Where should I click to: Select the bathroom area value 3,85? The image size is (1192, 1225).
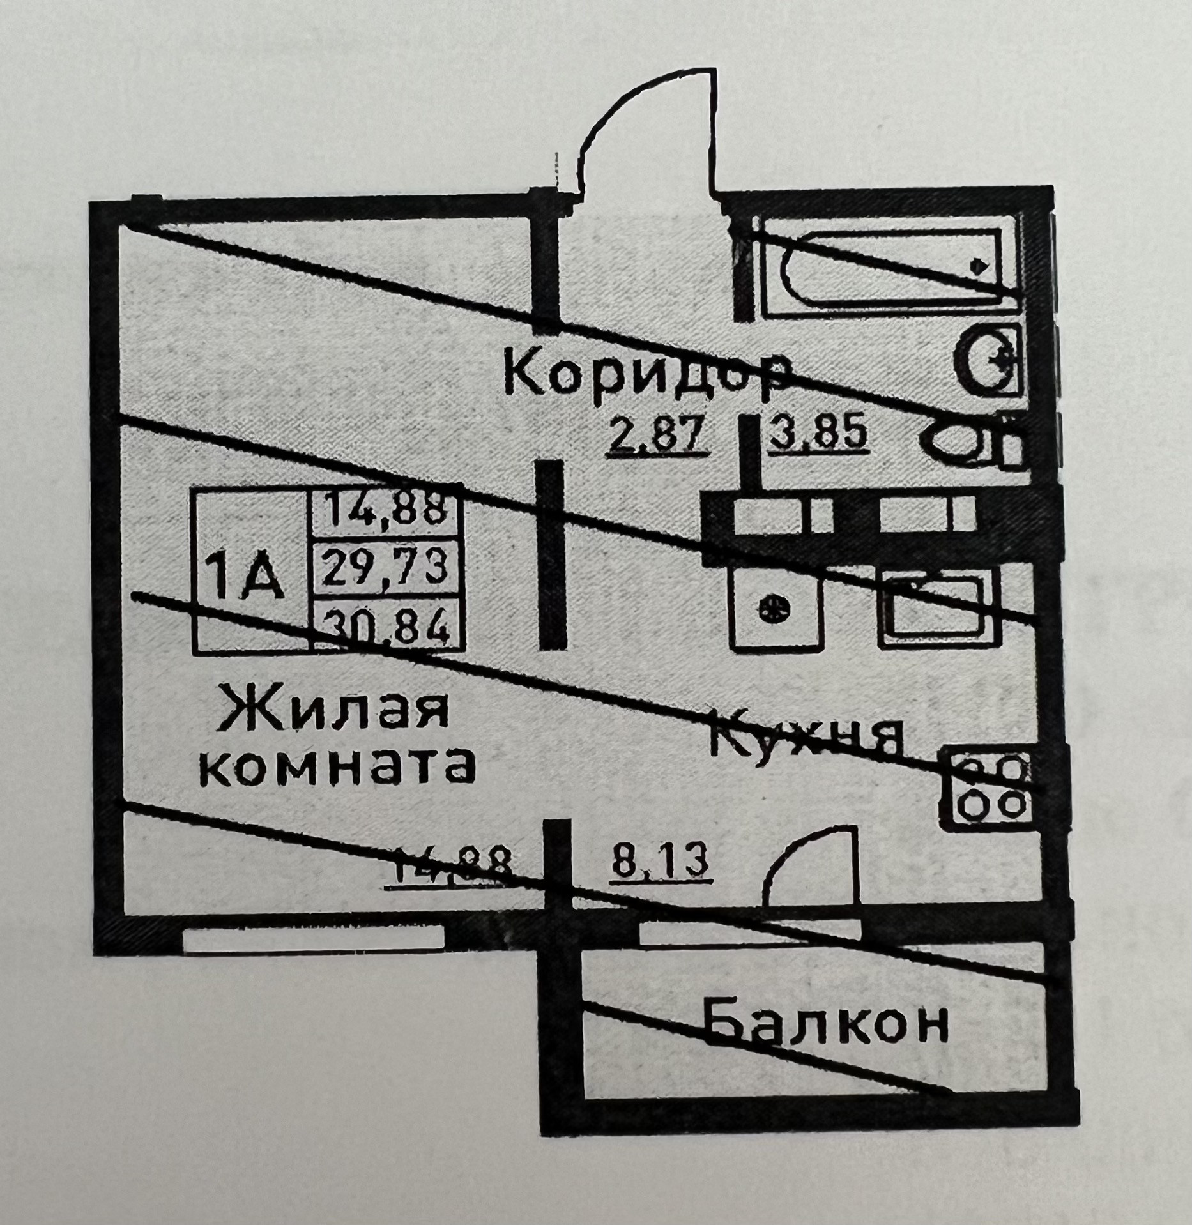click(x=818, y=435)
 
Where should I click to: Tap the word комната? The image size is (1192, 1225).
click(x=339, y=767)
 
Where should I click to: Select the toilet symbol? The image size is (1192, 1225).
click(x=971, y=441)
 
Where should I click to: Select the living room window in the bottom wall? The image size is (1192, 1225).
click(x=313, y=939)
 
